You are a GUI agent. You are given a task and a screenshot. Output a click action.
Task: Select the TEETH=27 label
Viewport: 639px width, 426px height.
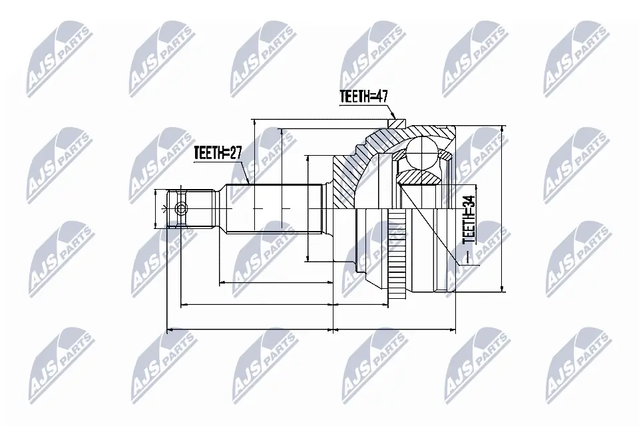(x=217, y=153)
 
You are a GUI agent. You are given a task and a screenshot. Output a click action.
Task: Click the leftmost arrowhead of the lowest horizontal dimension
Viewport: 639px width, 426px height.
(x=168, y=329)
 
